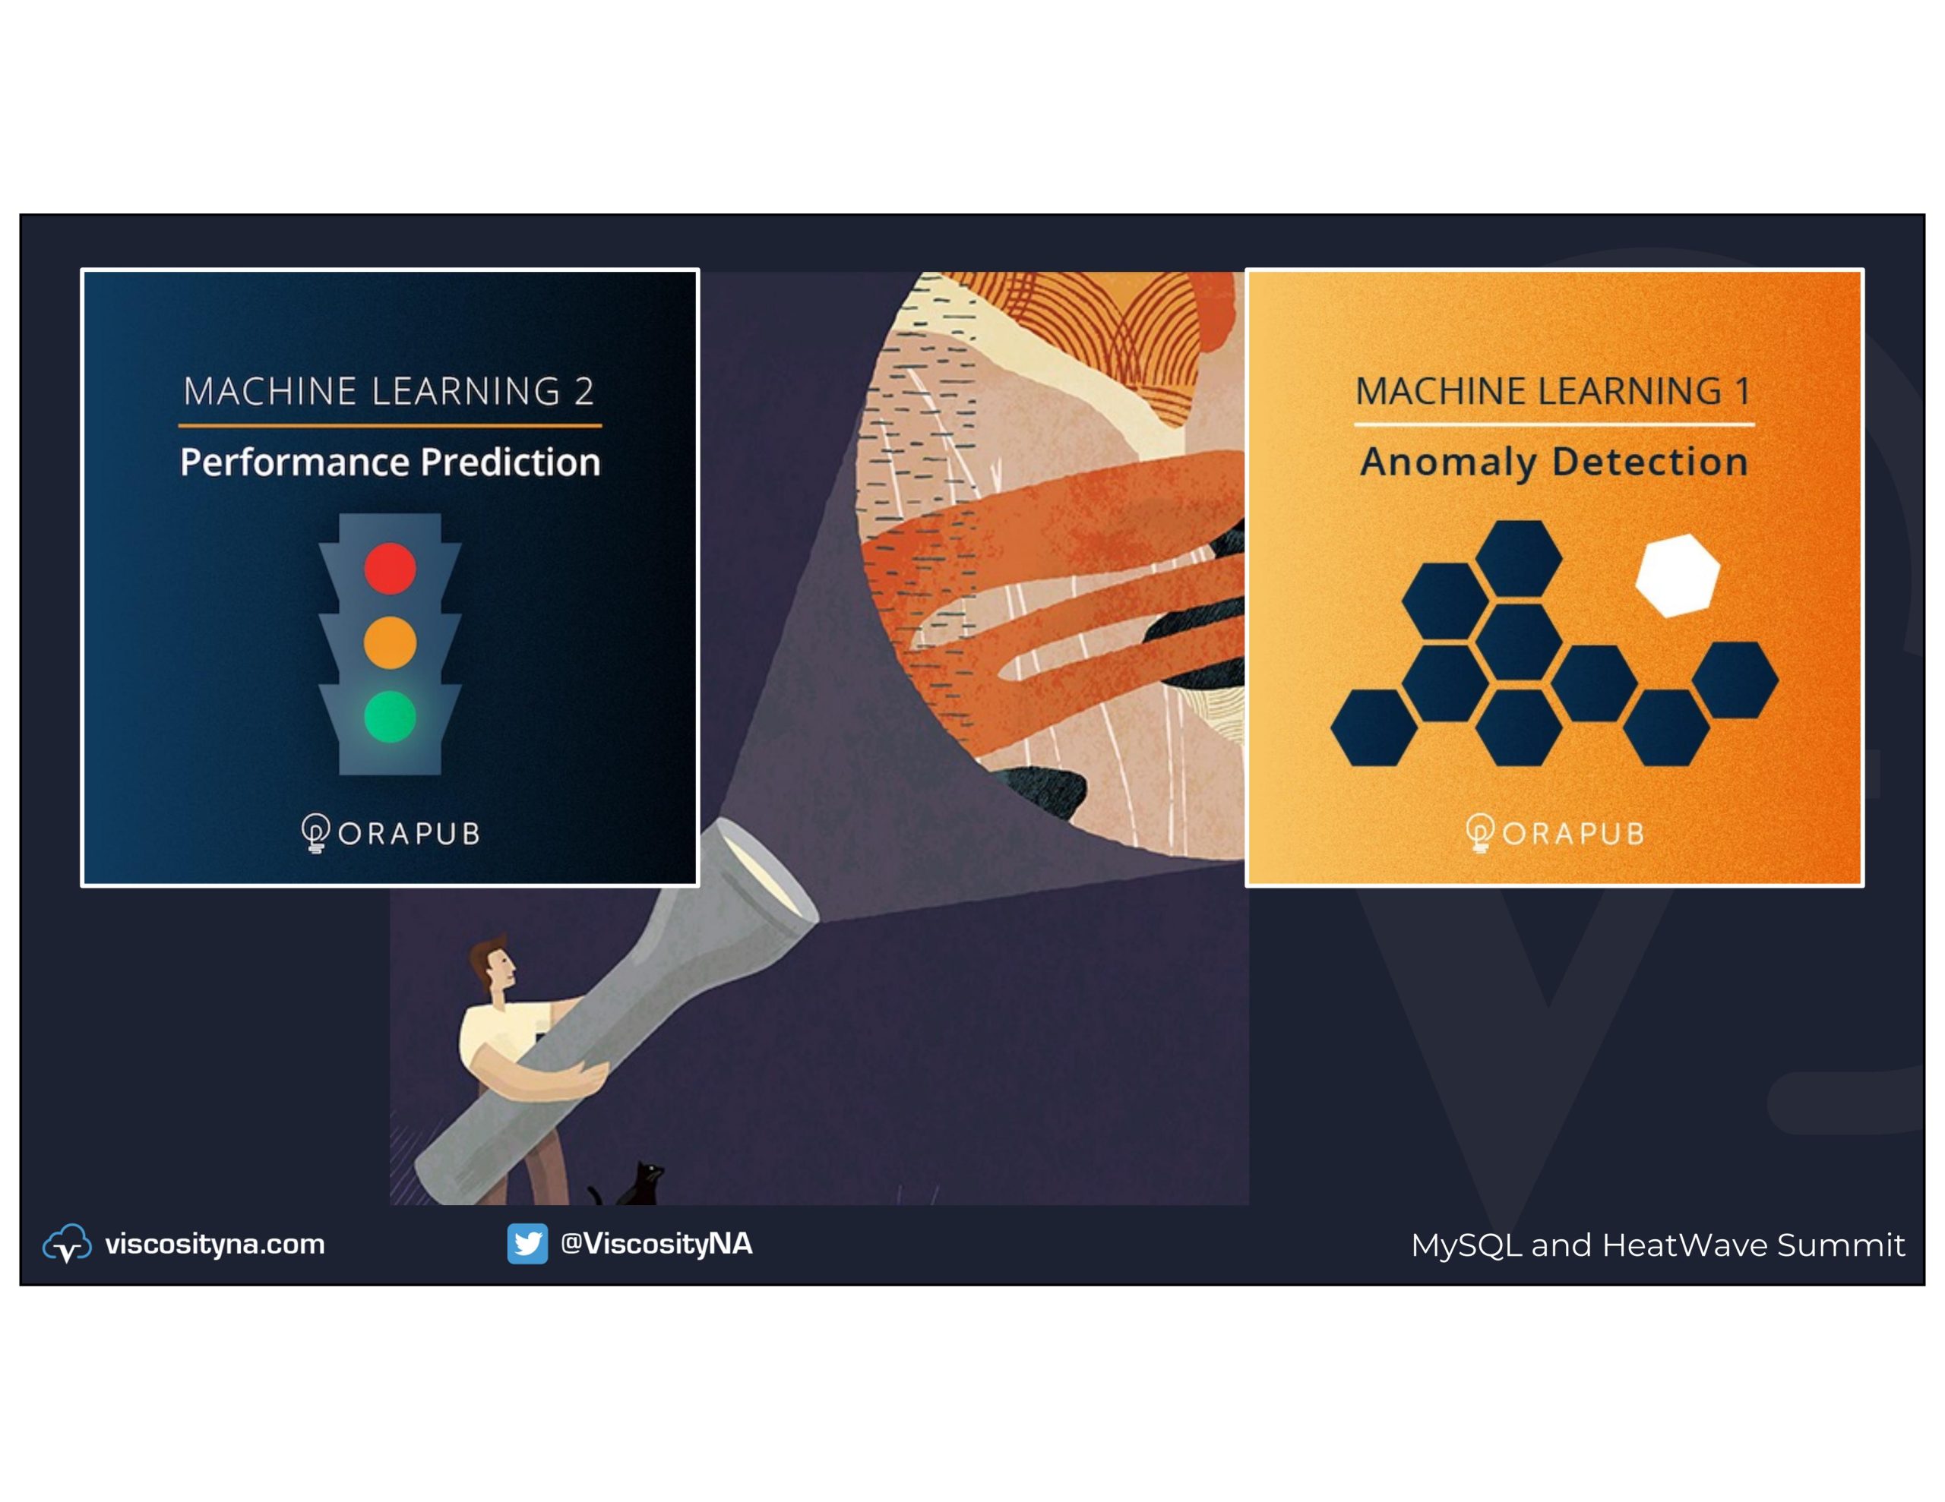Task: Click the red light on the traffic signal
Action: [x=390, y=568]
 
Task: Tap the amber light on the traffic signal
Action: [x=390, y=642]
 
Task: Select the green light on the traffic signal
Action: [x=390, y=717]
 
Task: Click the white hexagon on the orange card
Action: [x=1678, y=575]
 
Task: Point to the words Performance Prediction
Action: [x=390, y=462]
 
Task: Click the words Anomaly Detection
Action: [x=1554, y=462]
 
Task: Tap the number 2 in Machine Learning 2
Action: [x=583, y=391]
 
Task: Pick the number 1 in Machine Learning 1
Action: [x=1742, y=391]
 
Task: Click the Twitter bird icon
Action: [x=527, y=1244]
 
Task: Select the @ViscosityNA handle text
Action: [x=656, y=1244]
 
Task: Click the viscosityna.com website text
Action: [x=214, y=1244]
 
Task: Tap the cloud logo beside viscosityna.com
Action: [x=67, y=1244]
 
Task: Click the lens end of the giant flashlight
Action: [x=767, y=869]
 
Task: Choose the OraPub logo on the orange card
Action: [x=1554, y=833]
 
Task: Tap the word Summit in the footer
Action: [x=1841, y=1245]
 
